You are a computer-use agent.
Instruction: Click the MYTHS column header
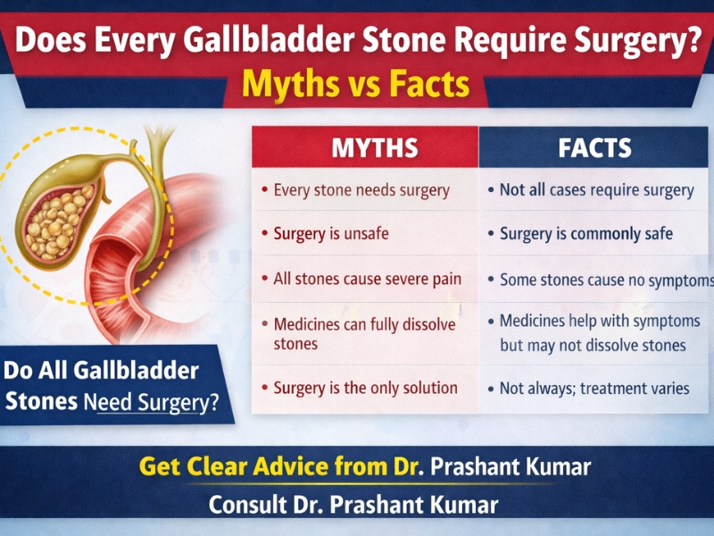(x=364, y=147)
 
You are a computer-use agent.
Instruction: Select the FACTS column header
(x=594, y=147)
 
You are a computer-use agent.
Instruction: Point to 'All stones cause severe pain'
(x=367, y=279)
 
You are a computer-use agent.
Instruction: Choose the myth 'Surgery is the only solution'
(x=365, y=389)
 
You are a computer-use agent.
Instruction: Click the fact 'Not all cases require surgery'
(x=596, y=190)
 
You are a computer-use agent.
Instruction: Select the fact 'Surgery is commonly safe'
(x=585, y=234)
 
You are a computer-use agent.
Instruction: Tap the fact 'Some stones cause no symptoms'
(x=605, y=280)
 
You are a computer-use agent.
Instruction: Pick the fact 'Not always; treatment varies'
(x=594, y=389)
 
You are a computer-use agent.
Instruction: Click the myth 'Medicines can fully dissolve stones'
(x=363, y=333)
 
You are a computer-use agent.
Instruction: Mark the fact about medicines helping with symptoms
(x=592, y=332)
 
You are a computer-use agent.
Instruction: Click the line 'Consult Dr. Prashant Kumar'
(x=353, y=505)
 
